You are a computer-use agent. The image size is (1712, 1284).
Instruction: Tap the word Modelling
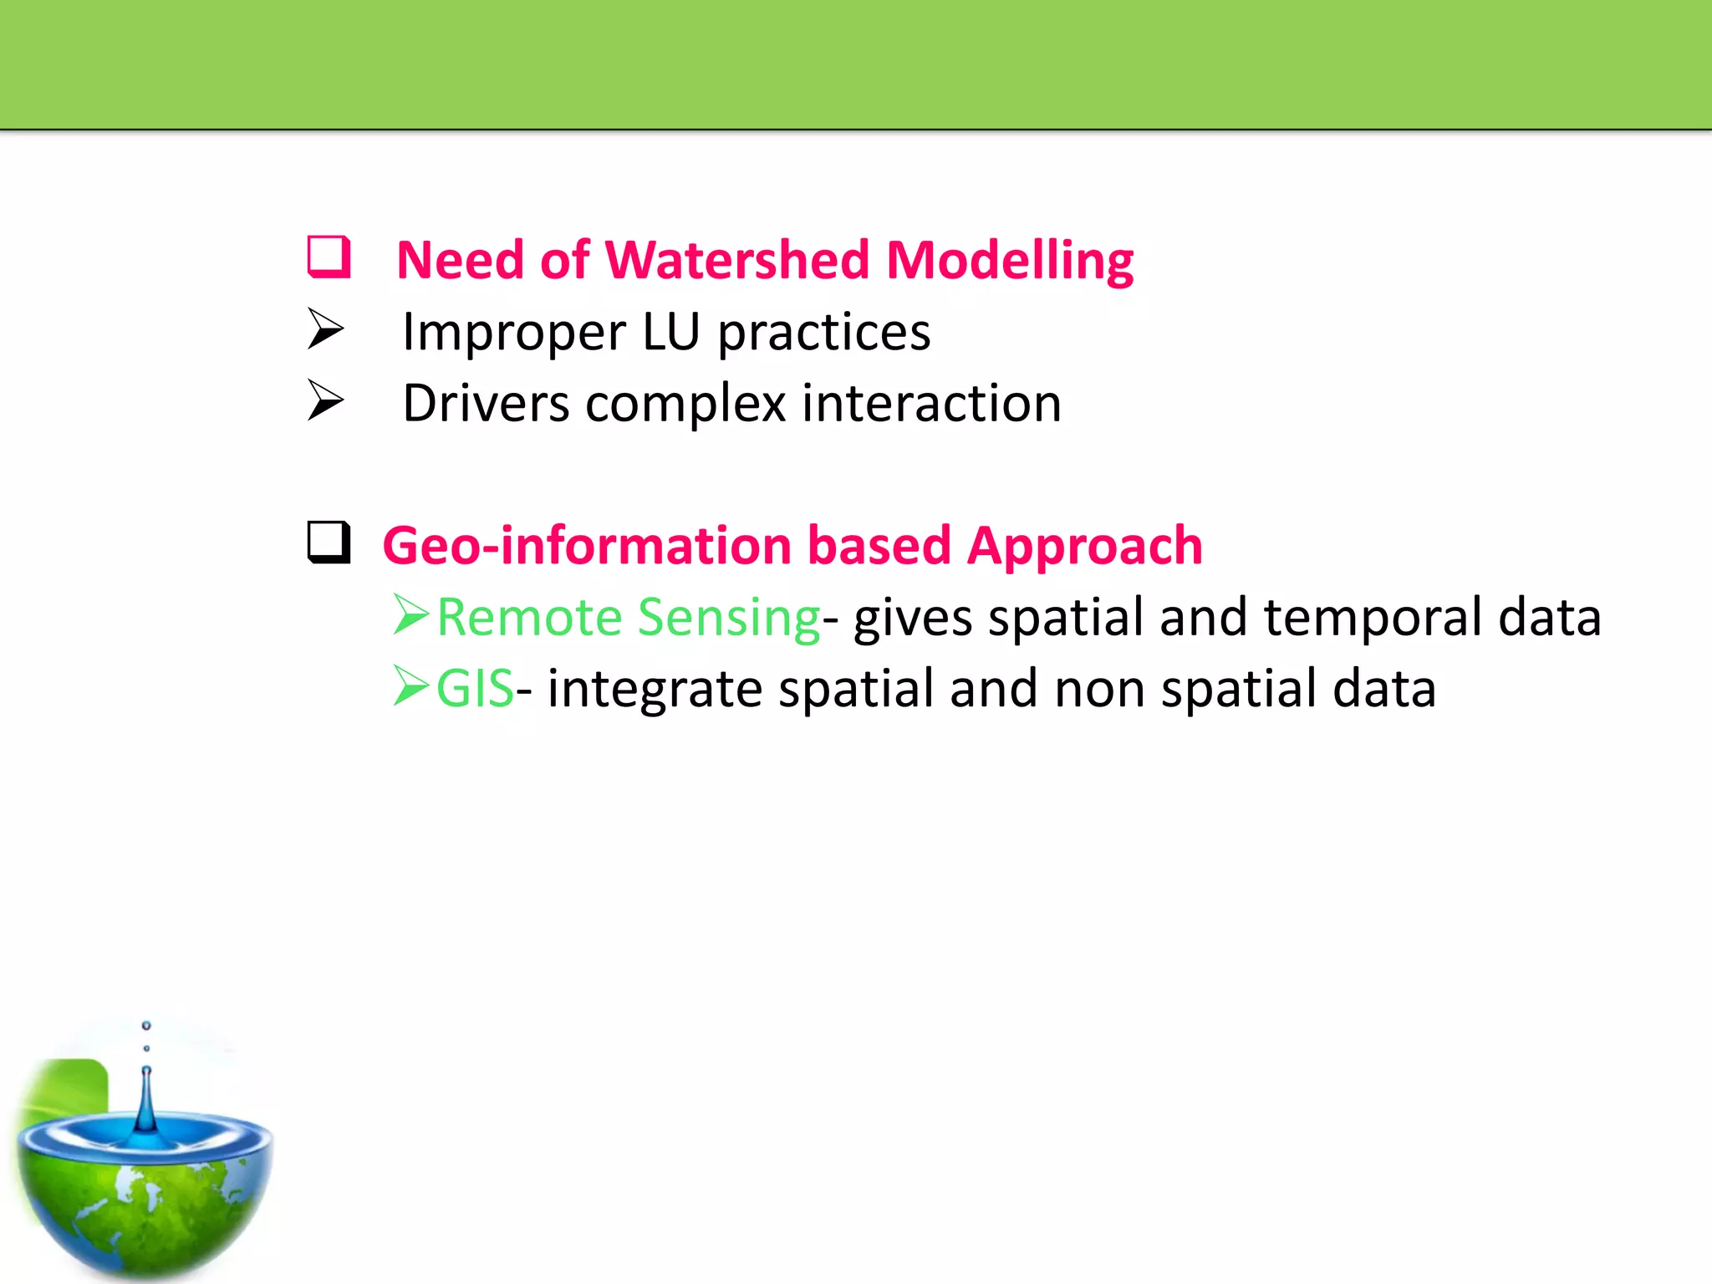pos(1009,260)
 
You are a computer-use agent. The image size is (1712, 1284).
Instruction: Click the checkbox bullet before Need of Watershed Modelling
pos(329,257)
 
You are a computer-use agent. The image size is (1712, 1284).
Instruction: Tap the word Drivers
pos(486,404)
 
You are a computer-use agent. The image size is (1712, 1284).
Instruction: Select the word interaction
pos(931,404)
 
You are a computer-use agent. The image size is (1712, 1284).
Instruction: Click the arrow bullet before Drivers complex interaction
pos(325,400)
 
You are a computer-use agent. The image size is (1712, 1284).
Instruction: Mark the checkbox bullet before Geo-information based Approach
pos(329,543)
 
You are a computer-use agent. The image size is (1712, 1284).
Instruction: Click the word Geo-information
pos(585,546)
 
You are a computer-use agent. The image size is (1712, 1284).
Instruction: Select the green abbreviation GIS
pos(474,690)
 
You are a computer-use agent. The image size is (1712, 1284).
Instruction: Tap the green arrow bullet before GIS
pos(411,686)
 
